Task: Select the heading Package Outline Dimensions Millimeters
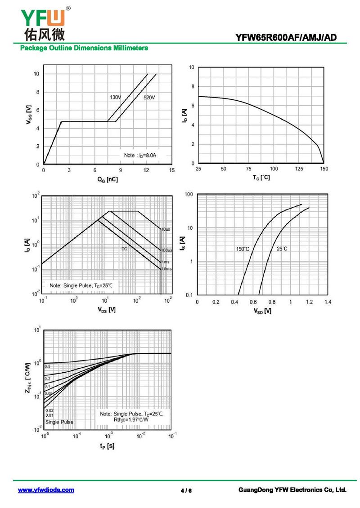[x=84, y=48]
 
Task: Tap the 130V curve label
[x=116, y=97]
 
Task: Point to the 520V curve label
[x=149, y=98]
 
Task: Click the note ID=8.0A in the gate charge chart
[x=140, y=155]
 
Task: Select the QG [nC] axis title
[x=108, y=179]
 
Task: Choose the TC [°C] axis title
[x=261, y=178]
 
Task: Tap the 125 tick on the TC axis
[x=299, y=169]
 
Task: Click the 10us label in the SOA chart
[x=166, y=229]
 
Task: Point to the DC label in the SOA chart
[x=124, y=249]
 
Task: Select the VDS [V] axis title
[x=106, y=310]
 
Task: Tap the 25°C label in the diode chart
[x=282, y=249]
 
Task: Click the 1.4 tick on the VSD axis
[x=327, y=302]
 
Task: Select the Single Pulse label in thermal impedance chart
[x=59, y=422]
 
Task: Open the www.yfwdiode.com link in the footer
[x=46, y=490]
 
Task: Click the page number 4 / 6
[x=186, y=490]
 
